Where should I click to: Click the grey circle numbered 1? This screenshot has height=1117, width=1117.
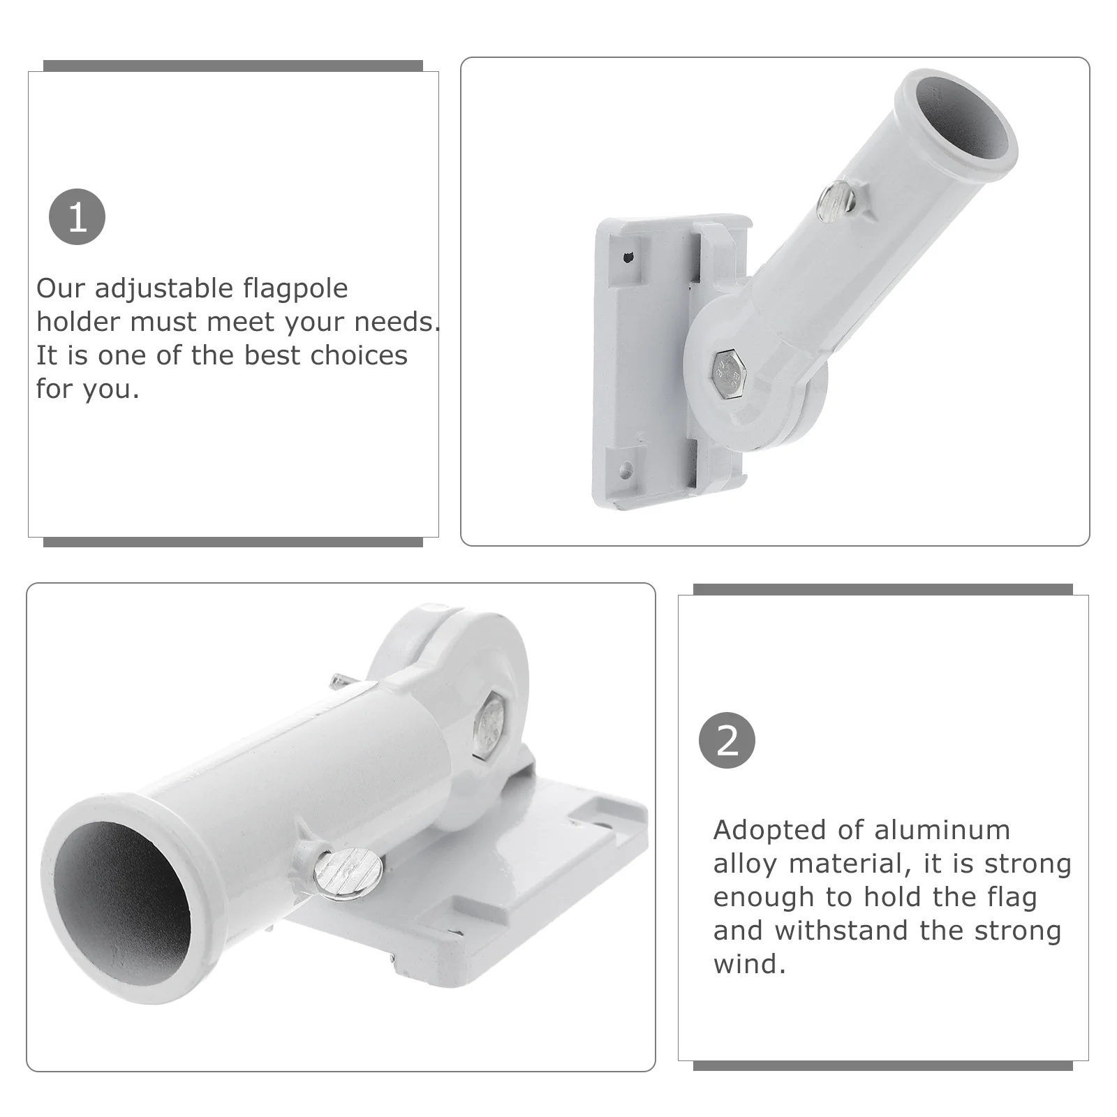coord(77,216)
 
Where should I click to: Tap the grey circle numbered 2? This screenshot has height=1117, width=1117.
coord(727,740)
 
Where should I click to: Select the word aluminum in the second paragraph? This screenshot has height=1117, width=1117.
coord(942,830)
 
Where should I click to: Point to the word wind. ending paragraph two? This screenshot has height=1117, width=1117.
coord(750,964)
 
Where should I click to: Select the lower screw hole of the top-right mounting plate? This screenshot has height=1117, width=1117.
coord(626,469)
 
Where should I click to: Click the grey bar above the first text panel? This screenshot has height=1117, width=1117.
coord(233,66)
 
